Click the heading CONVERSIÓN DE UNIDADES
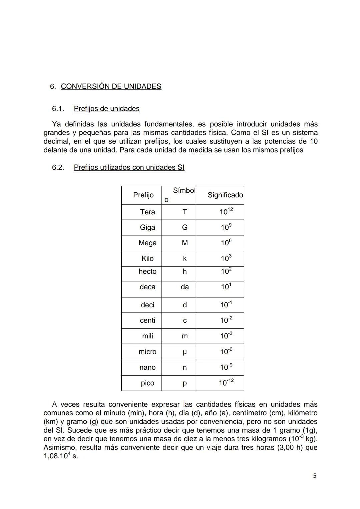point(111,86)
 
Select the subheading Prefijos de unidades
point(107,109)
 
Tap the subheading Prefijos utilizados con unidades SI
point(129,167)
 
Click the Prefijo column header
point(143,195)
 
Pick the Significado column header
point(225,195)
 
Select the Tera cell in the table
point(147,212)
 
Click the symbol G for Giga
point(185,227)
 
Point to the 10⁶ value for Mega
point(226,243)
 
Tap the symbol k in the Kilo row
point(185,259)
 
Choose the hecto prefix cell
point(147,271)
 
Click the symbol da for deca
point(185,287)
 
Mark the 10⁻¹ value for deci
point(226,305)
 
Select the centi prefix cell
point(147,320)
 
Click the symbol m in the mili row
point(185,336)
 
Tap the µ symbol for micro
point(185,352)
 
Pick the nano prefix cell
point(147,367)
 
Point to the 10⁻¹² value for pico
point(226,383)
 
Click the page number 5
point(315,476)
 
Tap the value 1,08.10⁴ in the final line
point(57,456)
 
